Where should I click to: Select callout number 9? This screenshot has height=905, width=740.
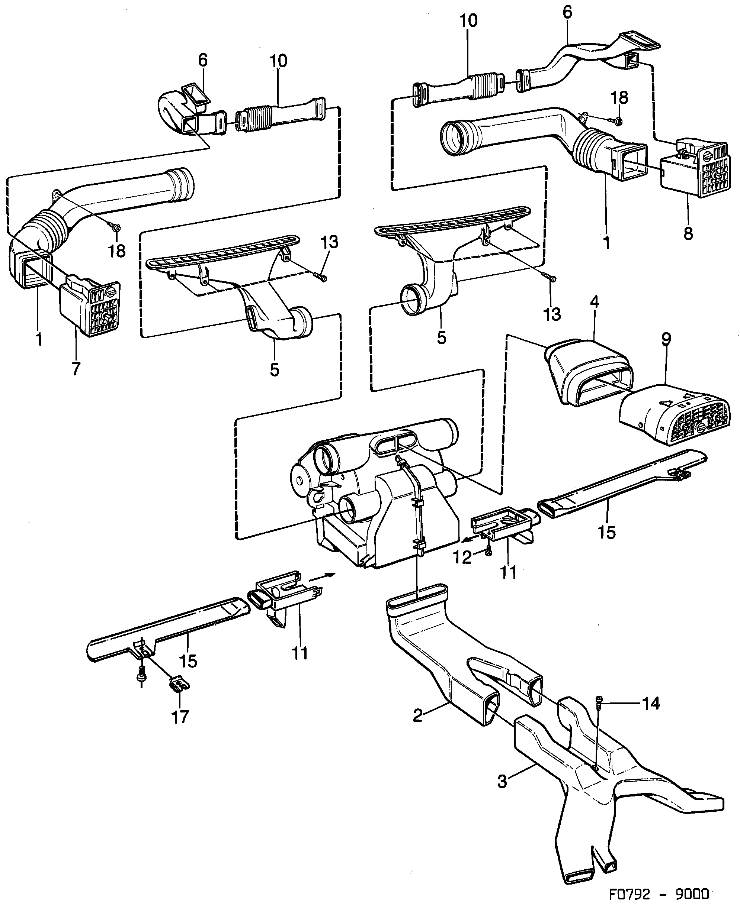(666, 339)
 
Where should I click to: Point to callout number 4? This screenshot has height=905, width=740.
(594, 302)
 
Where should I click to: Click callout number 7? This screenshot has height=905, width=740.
(76, 368)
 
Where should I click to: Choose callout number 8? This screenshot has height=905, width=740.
(688, 233)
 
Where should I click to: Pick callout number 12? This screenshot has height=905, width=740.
(462, 557)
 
